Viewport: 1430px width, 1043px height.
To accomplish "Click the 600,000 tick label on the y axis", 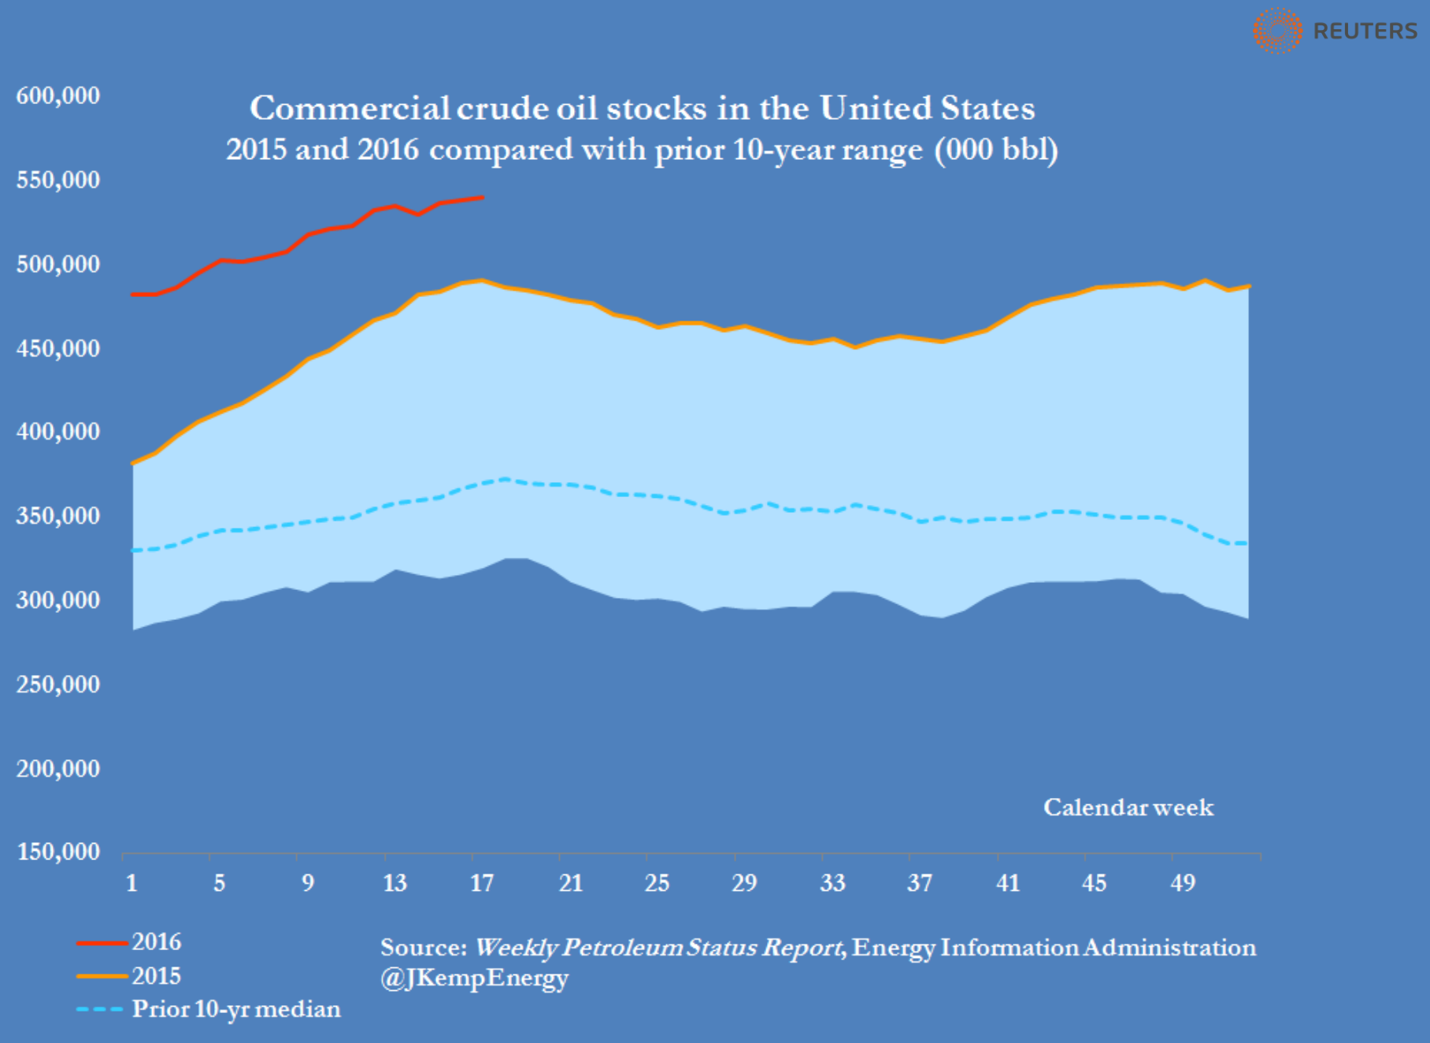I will (58, 96).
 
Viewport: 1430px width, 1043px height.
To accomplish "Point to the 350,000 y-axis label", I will (58, 516).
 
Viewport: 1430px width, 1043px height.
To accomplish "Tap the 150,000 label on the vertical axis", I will (58, 852).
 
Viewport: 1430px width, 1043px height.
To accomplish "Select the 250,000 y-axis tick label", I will (58, 684).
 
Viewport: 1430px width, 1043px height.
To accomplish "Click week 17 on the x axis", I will (482, 883).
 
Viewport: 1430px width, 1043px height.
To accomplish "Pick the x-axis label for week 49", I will (1183, 883).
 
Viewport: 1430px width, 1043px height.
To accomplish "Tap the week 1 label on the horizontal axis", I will (132, 883).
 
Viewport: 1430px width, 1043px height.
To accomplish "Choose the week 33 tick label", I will (832, 883).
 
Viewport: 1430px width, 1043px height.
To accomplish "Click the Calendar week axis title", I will (1128, 807).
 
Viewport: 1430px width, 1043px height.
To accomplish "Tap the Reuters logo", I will (1336, 31).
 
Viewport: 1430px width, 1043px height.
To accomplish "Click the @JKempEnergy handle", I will (474, 978).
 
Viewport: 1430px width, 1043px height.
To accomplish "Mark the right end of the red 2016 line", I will (483, 198).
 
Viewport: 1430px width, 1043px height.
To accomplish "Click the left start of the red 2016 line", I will (132, 295).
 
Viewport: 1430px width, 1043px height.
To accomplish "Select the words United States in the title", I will (927, 108).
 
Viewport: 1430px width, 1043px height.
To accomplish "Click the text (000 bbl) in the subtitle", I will (996, 150).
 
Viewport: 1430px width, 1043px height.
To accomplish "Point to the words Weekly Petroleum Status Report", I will (658, 947).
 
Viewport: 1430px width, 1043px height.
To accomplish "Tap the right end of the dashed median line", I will (1247, 544).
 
